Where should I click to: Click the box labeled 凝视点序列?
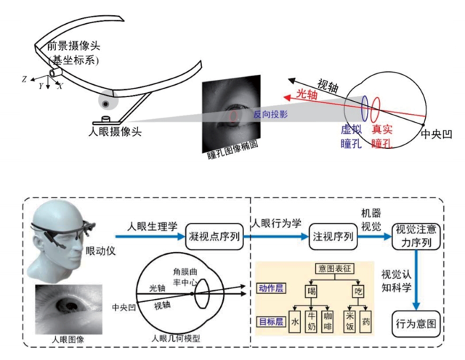pos(214,236)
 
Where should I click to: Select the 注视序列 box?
pos(333,236)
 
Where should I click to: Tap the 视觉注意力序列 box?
pos(416,236)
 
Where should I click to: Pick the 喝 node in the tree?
pos(312,290)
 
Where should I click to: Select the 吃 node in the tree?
pos(358,290)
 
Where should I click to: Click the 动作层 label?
pos(270,288)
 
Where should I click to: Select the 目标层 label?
pos(270,320)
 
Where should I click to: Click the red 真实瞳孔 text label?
pos(382,135)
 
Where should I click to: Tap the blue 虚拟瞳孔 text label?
pos(352,135)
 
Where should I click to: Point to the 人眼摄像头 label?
pos(115,131)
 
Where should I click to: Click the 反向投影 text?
pos(271,115)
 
